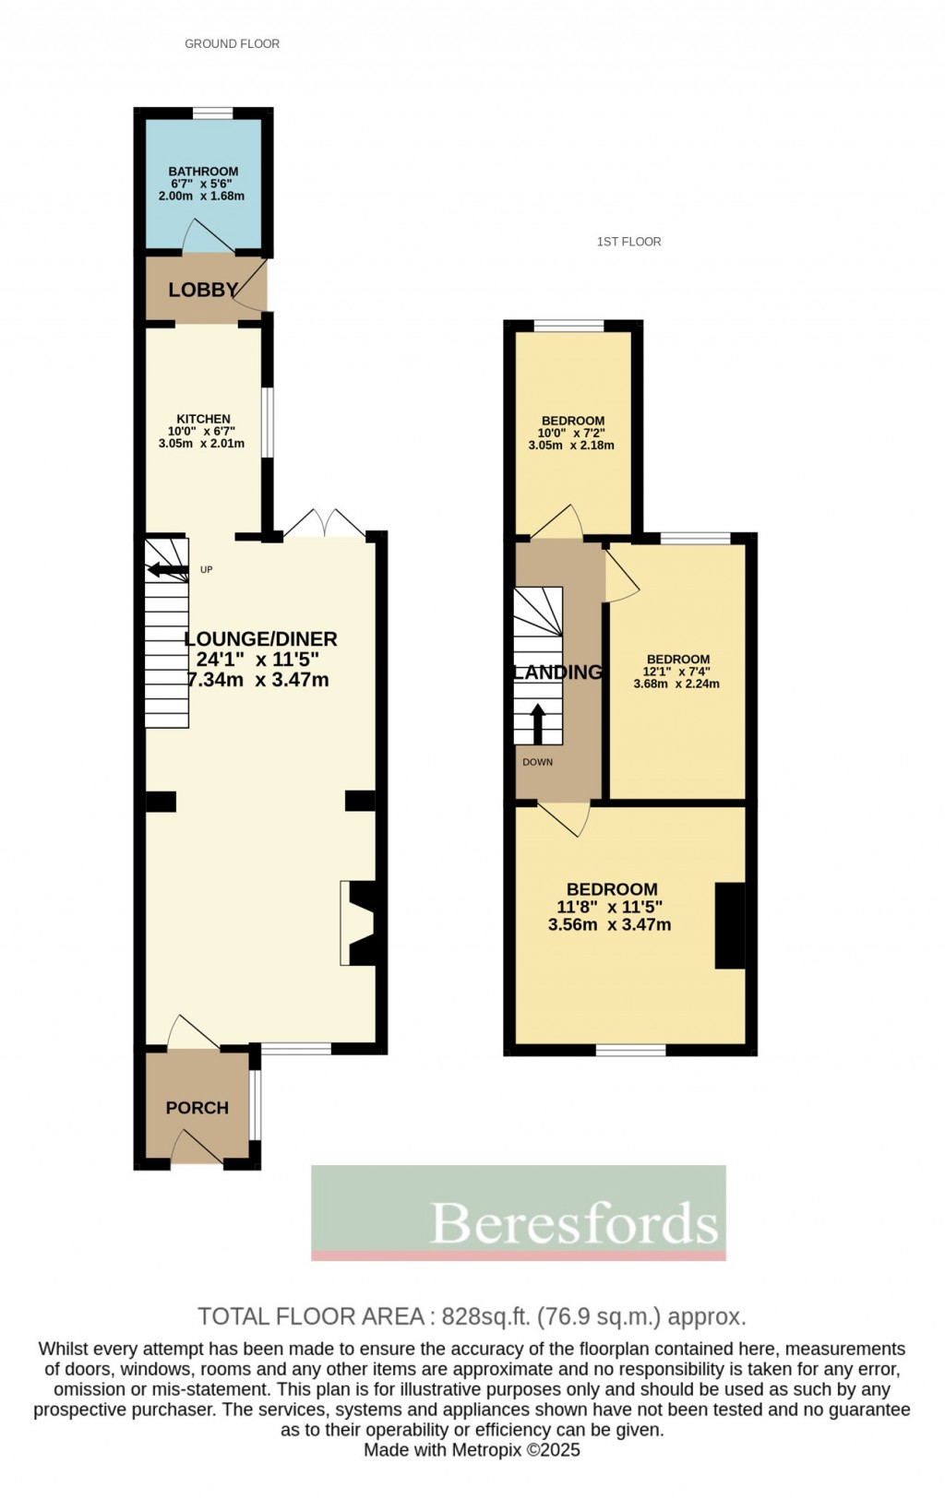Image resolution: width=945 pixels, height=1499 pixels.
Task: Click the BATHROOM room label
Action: pos(203,172)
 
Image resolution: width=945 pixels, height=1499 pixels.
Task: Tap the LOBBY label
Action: pos(202,290)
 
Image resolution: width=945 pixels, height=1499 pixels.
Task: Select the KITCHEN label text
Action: pos(203,419)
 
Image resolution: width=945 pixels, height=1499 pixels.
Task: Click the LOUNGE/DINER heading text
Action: pos(260,638)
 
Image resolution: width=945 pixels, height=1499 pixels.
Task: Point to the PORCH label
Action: pos(197,1108)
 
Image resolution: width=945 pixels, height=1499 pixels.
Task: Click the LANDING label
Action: pos(557,672)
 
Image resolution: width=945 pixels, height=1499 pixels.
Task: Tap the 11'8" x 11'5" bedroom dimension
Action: pos(611,907)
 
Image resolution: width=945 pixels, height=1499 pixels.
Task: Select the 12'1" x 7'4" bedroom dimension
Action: pos(676,672)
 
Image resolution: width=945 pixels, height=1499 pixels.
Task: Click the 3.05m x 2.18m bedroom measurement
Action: pos(571,445)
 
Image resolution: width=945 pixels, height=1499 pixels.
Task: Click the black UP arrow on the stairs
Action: pos(167,569)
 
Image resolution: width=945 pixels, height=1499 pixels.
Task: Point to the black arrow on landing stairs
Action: pos(538,723)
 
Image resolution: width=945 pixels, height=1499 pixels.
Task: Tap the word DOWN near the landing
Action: pos(537,762)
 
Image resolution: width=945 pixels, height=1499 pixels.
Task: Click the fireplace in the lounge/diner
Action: pos(358,923)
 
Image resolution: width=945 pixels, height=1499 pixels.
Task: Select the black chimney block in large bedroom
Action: pos(730,925)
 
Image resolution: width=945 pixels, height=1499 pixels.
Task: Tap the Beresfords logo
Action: pos(519,1213)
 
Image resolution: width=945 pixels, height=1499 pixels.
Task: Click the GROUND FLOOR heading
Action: pos(232,43)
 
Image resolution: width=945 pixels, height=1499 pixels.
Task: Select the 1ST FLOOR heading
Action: pos(628,242)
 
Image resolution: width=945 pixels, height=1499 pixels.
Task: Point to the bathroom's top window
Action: pos(212,113)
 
